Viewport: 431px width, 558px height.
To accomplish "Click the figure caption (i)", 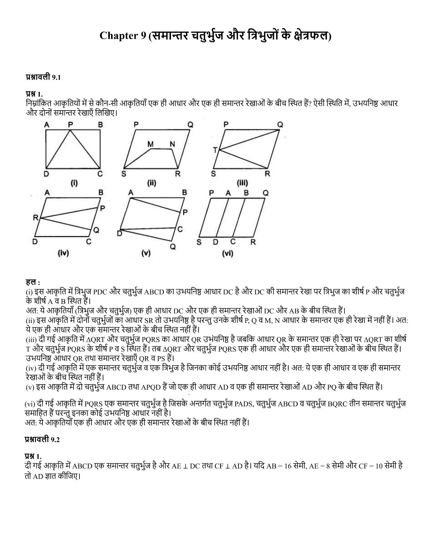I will click(74, 183).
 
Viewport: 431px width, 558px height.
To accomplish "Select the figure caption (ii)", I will click(151, 183).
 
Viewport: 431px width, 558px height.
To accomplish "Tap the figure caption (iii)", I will click(242, 183).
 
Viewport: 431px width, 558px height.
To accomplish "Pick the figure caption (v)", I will click(146, 253).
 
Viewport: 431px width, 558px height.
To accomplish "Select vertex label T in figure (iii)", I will click(215, 150).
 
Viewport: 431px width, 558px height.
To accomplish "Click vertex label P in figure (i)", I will click(70, 125).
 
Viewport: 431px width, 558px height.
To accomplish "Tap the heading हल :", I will click(33, 282).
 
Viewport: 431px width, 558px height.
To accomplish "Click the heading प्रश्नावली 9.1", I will click(43, 77).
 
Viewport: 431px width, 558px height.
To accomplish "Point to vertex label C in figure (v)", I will click(180, 229).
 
